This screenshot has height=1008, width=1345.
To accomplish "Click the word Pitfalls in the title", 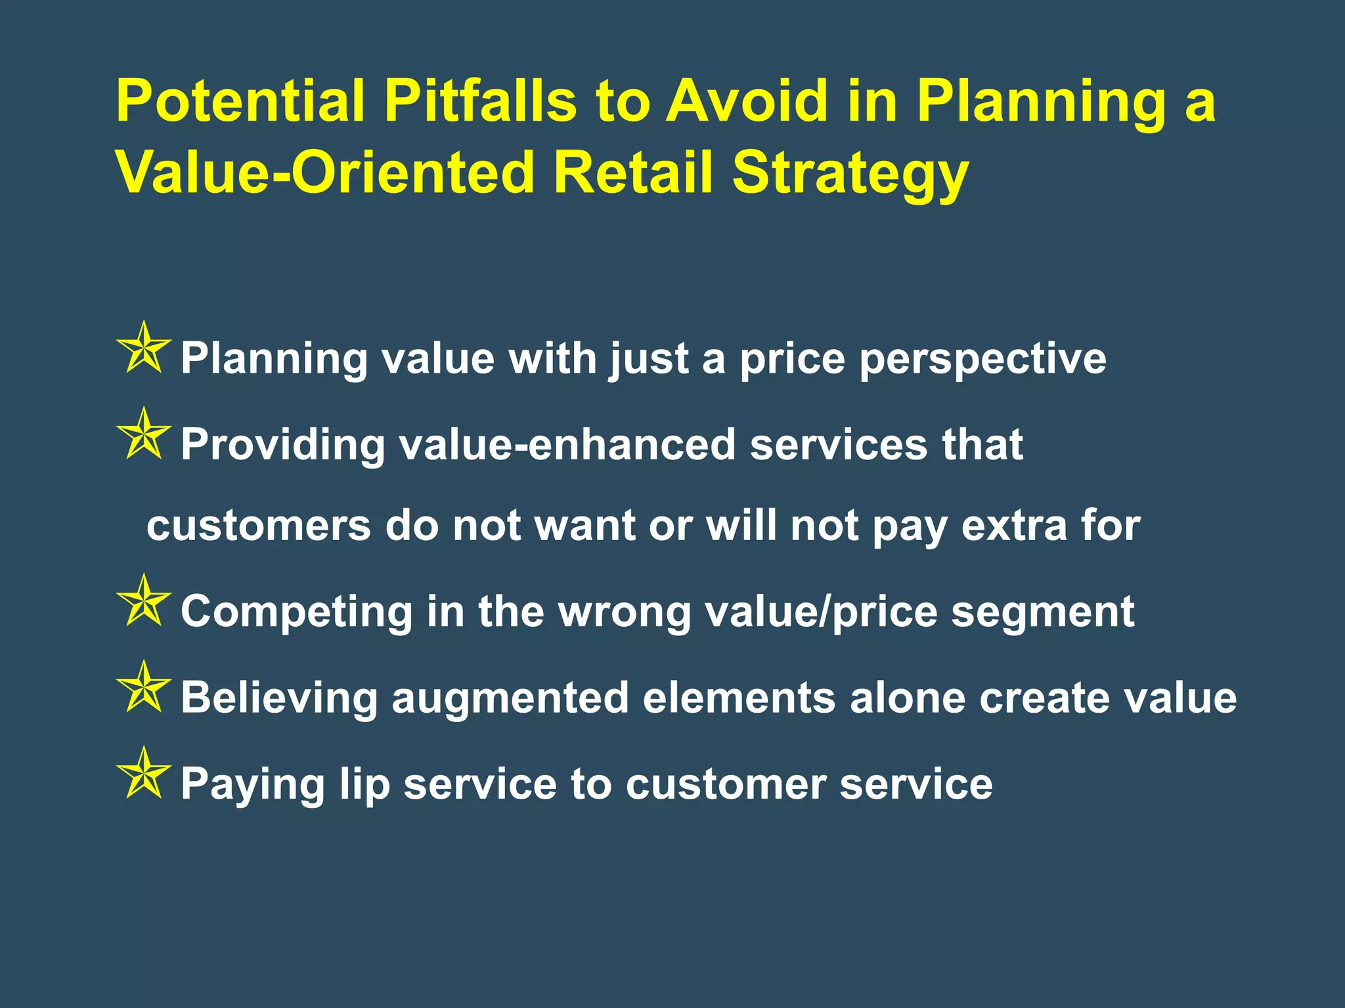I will coord(479,101).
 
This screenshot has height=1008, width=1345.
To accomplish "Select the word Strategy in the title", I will coord(850,173).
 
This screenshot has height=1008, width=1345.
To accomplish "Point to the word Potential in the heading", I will coord(240,101).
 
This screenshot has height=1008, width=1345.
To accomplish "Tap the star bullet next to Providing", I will coord(143,435).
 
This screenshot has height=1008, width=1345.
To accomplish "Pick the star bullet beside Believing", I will coord(143,688).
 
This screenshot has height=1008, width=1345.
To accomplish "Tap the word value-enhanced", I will coord(567,444).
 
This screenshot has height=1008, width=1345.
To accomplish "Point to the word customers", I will coord(259,526).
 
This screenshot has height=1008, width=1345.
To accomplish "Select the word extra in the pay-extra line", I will coord(1014,526).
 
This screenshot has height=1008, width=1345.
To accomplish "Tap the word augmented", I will coord(510,698).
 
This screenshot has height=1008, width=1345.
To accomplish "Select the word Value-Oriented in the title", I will coord(326,173).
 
